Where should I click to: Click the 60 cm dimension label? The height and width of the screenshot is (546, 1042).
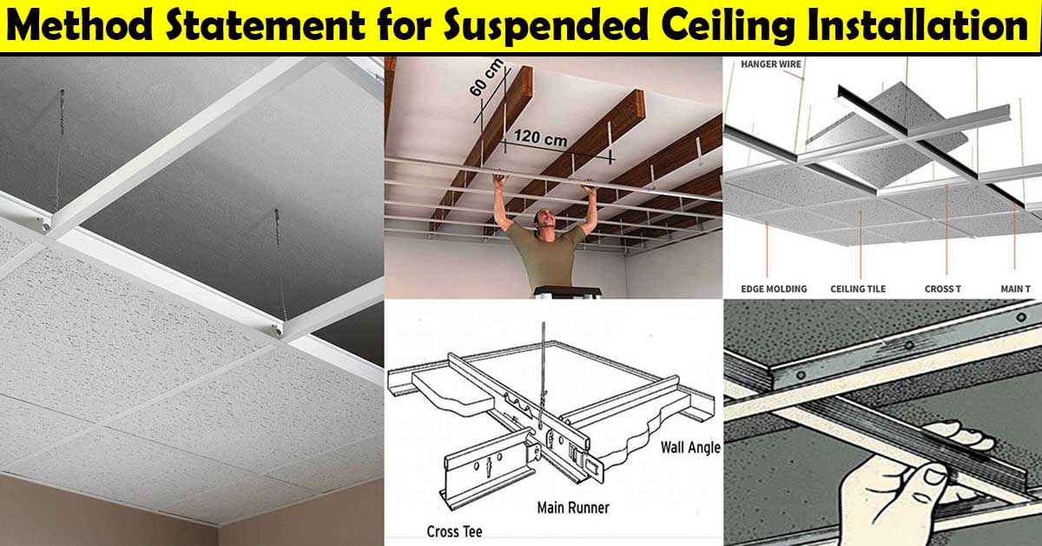click(486, 77)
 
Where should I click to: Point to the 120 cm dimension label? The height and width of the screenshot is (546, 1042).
click(540, 137)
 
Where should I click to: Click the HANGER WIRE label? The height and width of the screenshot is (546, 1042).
click(771, 64)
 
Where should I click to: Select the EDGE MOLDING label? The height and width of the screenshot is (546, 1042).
click(774, 289)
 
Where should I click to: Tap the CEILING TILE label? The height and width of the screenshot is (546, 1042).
click(858, 289)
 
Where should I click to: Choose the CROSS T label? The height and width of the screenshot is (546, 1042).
click(942, 289)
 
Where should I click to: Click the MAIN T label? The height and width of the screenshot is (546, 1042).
click(1015, 289)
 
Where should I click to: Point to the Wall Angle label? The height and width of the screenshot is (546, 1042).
click(691, 448)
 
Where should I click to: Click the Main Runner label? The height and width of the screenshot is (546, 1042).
click(573, 508)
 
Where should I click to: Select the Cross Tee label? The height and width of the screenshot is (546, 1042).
click(454, 531)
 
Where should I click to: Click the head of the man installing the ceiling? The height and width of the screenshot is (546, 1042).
click(544, 221)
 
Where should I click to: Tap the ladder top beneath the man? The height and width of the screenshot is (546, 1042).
click(568, 292)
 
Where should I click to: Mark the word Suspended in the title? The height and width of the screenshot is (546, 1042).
click(545, 27)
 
